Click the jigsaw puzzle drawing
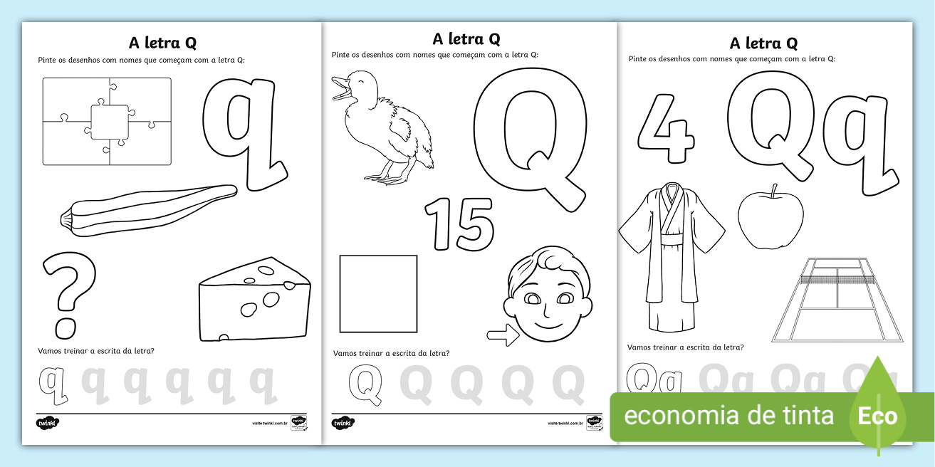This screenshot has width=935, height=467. click(x=107, y=121)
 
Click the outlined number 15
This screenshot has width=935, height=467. click(x=459, y=225)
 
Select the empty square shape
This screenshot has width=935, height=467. click(x=378, y=294)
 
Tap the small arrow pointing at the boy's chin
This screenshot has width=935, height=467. click(x=502, y=336)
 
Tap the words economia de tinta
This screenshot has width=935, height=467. click(x=728, y=415)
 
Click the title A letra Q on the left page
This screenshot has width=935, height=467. click(x=162, y=43)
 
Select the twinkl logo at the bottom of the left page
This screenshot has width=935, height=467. click(x=48, y=423)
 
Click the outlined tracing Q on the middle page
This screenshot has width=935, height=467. click(x=365, y=384)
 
